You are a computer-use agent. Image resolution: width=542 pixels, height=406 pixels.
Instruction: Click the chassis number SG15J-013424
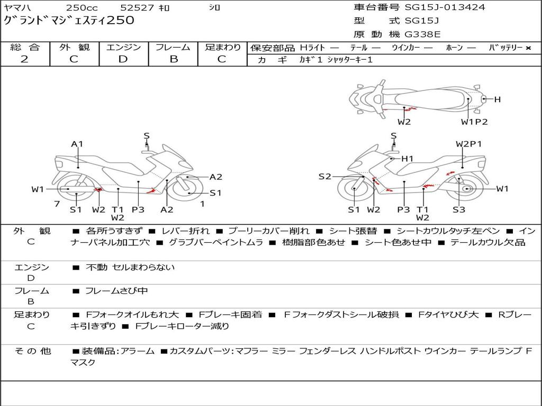click(445, 7)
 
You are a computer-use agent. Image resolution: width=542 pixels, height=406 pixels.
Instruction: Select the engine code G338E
click(422, 35)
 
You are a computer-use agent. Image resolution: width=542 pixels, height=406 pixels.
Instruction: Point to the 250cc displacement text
click(82, 8)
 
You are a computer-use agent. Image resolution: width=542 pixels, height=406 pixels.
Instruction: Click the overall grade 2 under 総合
click(25, 59)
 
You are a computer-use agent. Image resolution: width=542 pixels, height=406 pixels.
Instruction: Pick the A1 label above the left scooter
click(77, 144)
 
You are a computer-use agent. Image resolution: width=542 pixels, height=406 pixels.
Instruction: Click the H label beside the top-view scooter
click(497, 99)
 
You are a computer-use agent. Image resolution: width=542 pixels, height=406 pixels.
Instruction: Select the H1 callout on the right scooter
click(407, 159)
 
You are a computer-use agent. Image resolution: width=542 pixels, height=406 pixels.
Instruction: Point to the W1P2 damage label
click(474, 122)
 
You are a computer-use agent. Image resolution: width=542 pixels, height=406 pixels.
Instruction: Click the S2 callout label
click(324, 177)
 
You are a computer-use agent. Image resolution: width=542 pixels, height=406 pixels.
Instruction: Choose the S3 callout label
click(458, 209)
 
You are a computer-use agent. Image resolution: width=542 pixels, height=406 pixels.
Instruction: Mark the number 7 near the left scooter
click(57, 204)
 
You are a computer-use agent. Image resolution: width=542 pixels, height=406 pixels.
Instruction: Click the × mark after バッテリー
click(528, 48)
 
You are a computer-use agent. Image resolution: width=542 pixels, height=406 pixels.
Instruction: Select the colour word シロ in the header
click(214, 8)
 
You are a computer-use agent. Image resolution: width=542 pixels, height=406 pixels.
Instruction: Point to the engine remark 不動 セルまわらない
click(130, 267)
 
